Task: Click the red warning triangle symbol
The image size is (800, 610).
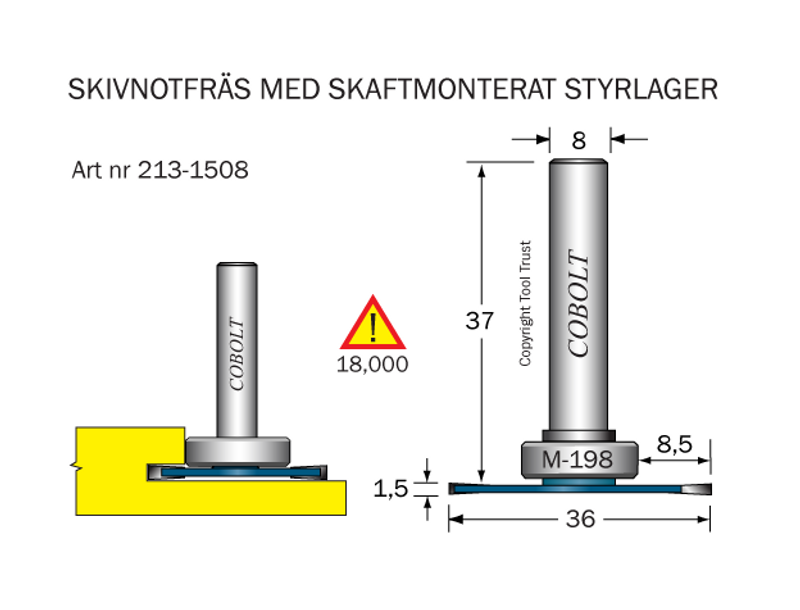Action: [373, 324]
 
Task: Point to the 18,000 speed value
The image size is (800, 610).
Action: [372, 365]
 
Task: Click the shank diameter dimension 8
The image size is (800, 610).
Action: [579, 141]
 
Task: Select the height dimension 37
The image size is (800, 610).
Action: [481, 321]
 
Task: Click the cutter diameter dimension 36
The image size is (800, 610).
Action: [580, 519]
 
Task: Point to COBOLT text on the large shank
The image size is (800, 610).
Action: [579, 305]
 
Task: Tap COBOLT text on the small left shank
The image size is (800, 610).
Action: [236, 356]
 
